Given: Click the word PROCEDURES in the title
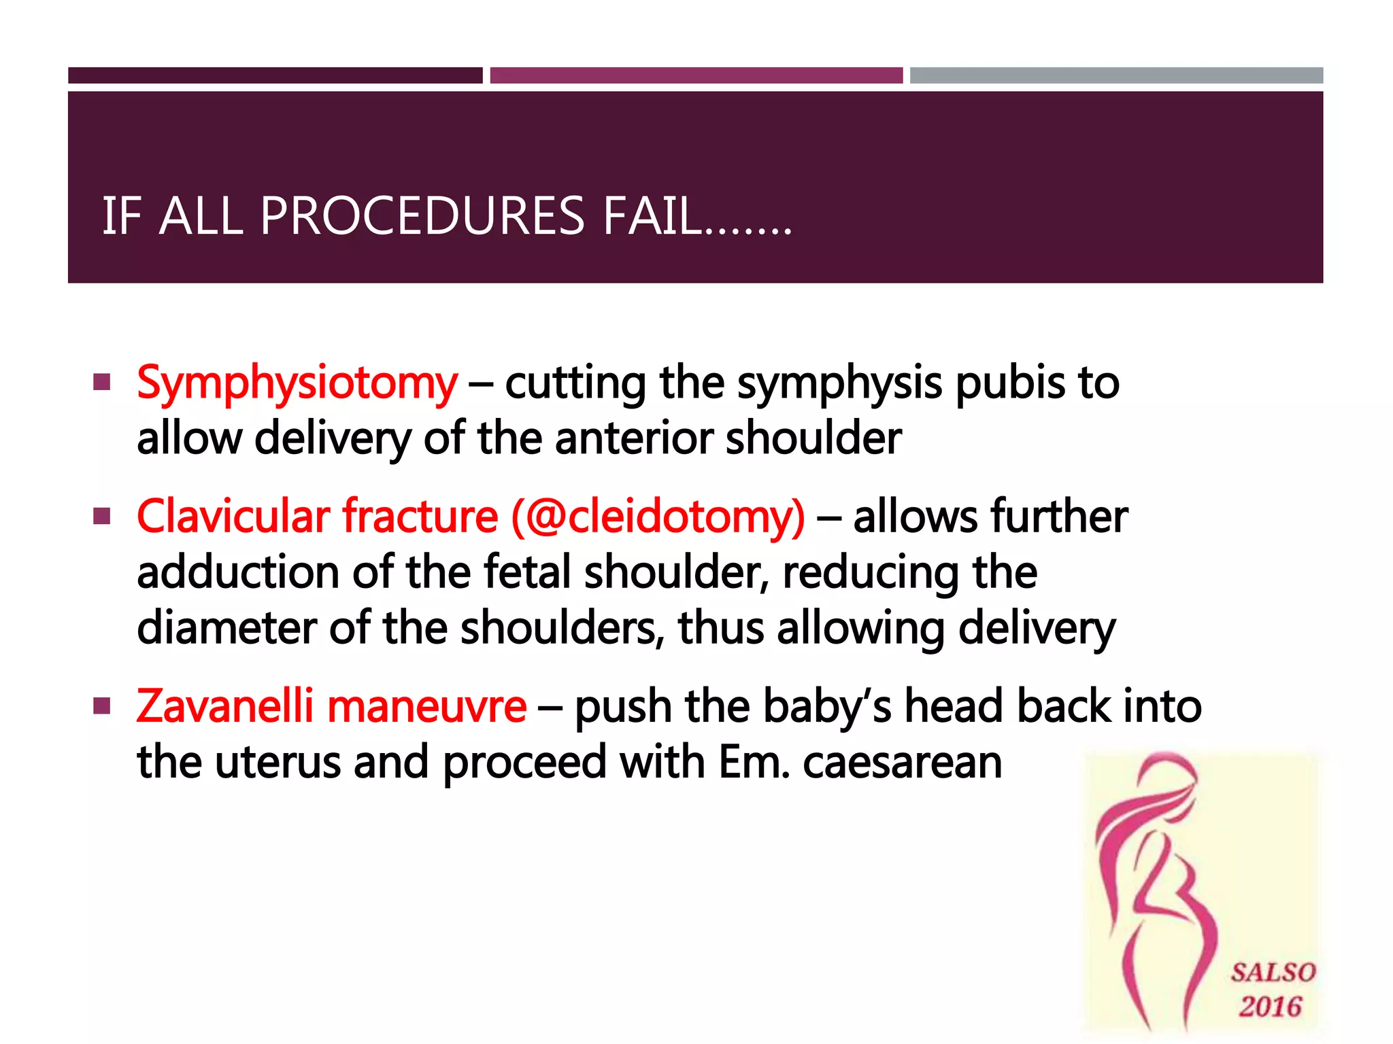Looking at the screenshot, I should (422, 216).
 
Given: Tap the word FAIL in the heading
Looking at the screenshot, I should (653, 216).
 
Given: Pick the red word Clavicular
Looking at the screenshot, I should (233, 517).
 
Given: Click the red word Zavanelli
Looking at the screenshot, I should (225, 706).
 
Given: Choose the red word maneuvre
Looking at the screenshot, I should (426, 707).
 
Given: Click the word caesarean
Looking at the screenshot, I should (902, 763).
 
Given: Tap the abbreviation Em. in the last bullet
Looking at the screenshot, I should (754, 763).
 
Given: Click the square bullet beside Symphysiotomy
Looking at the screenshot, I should (102, 382).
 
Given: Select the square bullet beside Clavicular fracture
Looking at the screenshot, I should (102, 517).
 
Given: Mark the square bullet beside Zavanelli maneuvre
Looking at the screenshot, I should (102, 706).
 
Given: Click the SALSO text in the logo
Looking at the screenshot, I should (1273, 972).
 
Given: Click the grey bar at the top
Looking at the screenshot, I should (1116, 75).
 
